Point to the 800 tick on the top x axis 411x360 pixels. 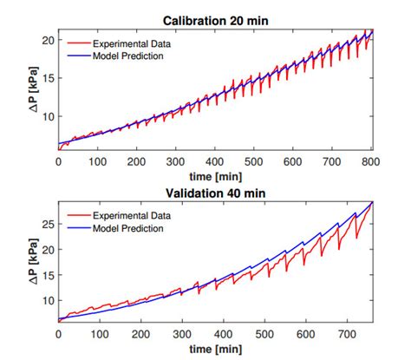coord(372,161)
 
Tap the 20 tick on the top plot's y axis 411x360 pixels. coord(49,41)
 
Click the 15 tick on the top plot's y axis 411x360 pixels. coord(49,78)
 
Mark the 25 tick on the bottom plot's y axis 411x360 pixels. coord(49,225)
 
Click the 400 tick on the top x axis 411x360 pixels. coord(216,161)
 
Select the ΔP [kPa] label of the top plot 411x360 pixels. coord(32,90)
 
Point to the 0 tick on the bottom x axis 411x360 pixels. coord(58,333)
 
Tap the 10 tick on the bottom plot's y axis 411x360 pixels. coord(49,300)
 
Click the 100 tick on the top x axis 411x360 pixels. coord(98,161)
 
